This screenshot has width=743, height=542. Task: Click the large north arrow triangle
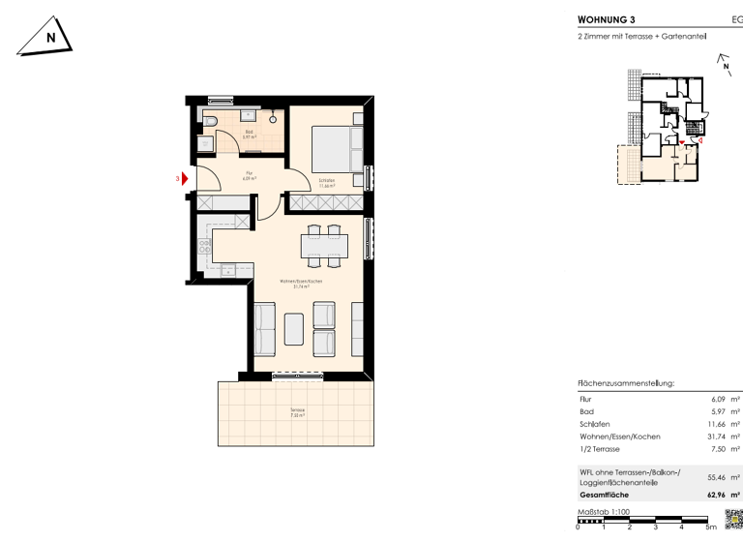(46, 38)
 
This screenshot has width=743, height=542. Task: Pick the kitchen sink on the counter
(229, 269)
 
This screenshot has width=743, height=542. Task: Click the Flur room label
(234, 175)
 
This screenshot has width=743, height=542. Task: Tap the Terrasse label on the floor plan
(297, 411)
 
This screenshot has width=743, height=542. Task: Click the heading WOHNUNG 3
(607, 18)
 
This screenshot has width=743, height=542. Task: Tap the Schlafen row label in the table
(594, 424)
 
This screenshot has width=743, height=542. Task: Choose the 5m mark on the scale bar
(710, 528)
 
